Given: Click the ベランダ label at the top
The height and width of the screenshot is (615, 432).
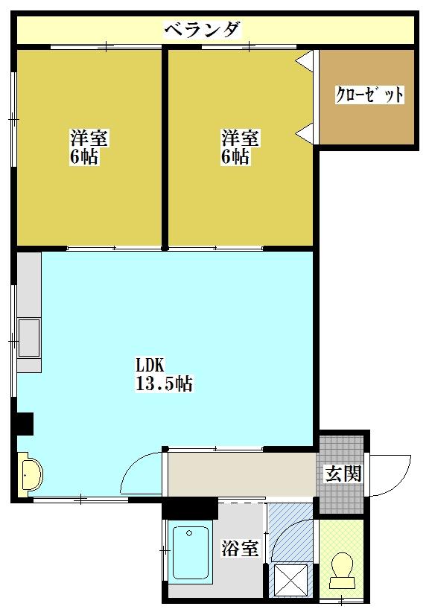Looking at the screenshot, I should tap(203, 30).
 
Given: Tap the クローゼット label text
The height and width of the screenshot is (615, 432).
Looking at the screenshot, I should tap(369, 95).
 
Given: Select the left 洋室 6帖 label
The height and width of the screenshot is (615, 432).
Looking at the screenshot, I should tap(89, 147).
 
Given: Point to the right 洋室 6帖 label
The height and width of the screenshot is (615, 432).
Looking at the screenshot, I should tap(240, 147).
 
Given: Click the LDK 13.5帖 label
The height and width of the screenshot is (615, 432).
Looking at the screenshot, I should tap(164, 375).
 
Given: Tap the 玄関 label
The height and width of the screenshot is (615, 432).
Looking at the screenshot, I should tap(343, 474).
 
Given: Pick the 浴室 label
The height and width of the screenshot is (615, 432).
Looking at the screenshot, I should tap(240, 549).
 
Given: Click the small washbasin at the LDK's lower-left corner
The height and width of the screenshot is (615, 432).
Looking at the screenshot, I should tap(30, 474).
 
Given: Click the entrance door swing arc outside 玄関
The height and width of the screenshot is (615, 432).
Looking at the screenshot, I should tap(393, 475).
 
